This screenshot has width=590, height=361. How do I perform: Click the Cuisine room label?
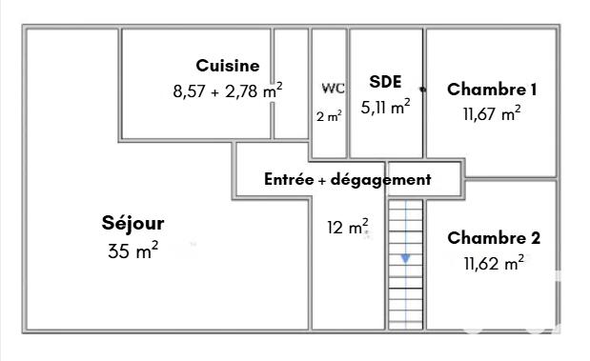228,66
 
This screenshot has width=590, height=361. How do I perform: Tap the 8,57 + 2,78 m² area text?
228,92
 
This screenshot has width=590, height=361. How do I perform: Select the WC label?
333,89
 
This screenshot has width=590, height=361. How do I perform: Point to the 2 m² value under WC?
329,116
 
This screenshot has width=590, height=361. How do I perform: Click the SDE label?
385,82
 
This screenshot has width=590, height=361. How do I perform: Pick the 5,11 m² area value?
386,108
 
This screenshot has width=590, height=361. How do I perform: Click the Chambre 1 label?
492,90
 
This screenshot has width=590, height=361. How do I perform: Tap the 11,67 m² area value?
492,114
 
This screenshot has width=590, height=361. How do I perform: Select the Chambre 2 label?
494,238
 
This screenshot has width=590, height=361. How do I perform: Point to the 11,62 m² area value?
494,263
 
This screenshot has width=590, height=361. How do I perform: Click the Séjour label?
132,224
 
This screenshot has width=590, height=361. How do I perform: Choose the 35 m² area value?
133,251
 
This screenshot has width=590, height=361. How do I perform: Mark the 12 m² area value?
348,228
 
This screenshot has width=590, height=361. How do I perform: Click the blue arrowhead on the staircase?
406,258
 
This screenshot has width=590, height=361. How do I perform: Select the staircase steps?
406,286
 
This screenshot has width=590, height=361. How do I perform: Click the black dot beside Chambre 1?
422,89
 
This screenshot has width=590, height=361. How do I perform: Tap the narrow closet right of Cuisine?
291,84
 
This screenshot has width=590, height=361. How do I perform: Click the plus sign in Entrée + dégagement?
323,180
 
